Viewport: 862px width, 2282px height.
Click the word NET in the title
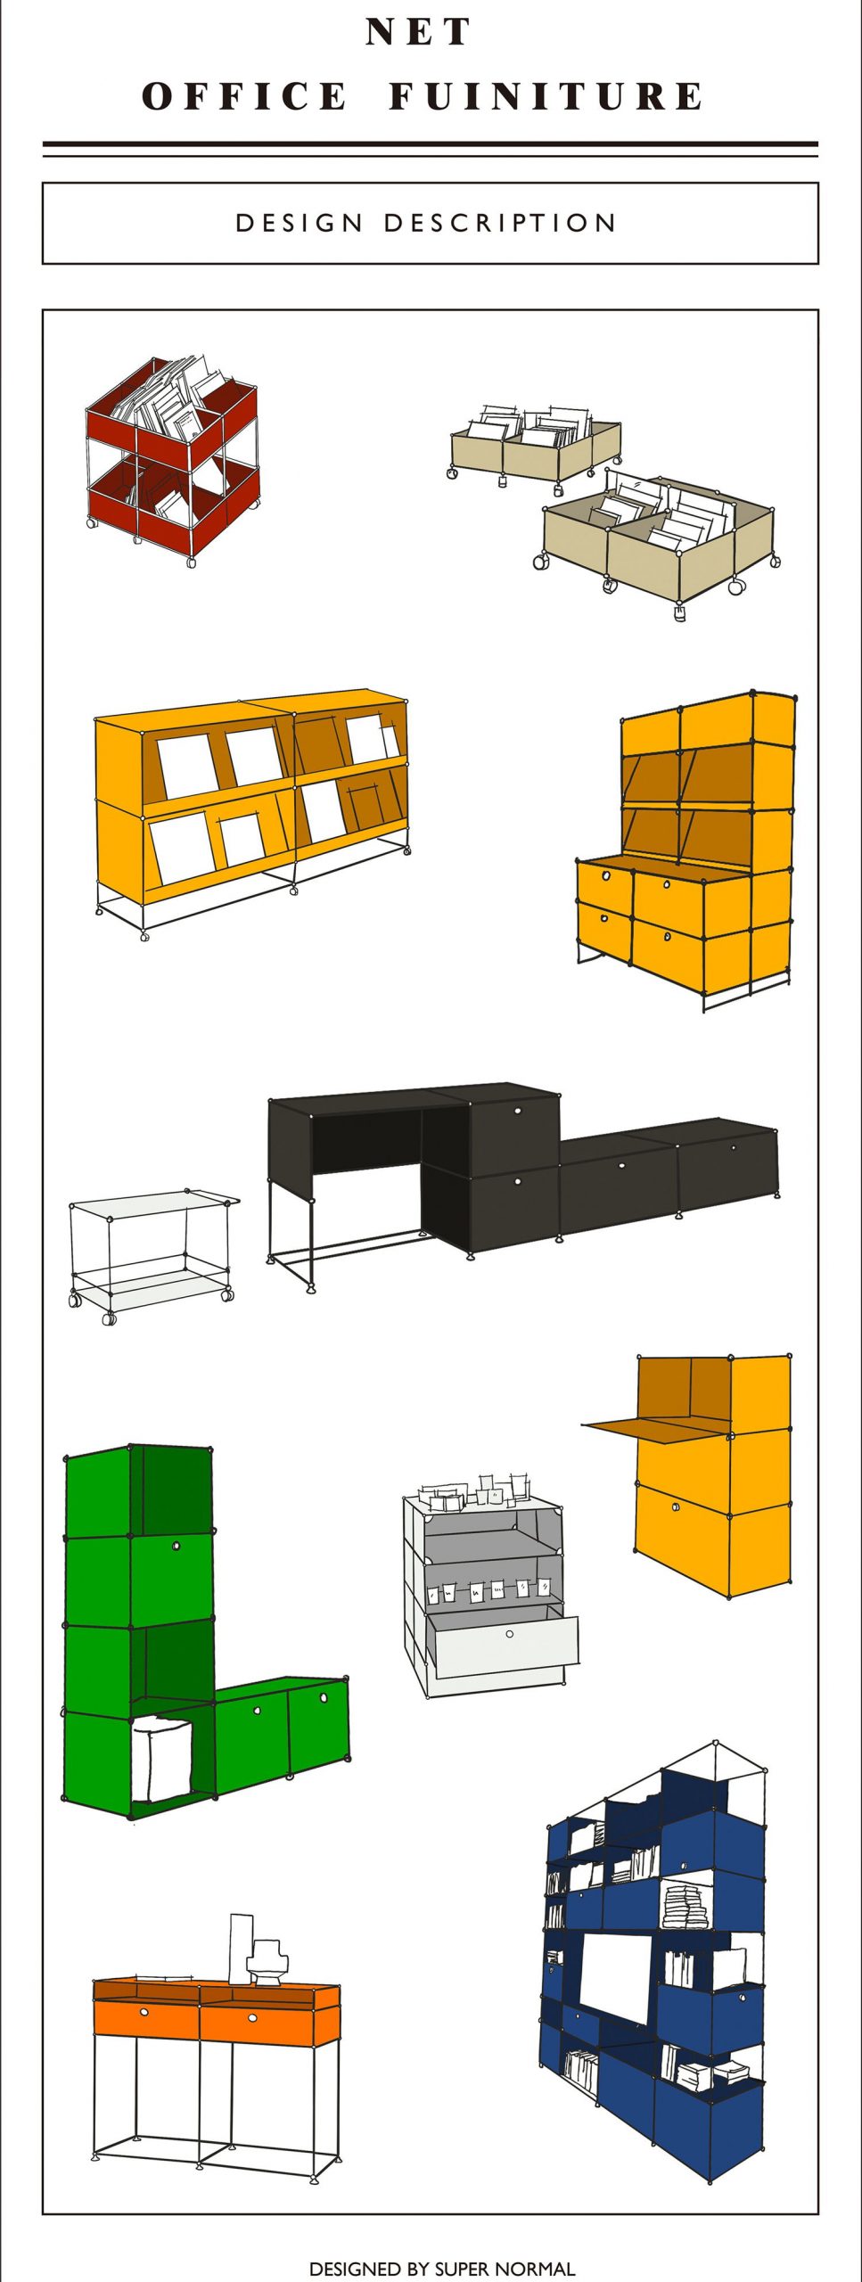point(418,32)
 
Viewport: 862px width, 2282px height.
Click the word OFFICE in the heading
point(245,96)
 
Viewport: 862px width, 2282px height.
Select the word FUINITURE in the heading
point(546,96)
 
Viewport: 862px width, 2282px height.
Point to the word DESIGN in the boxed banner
point(300,223)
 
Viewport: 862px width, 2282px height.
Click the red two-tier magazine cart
point(172,459)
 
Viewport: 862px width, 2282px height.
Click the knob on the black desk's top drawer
point(518,1111)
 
